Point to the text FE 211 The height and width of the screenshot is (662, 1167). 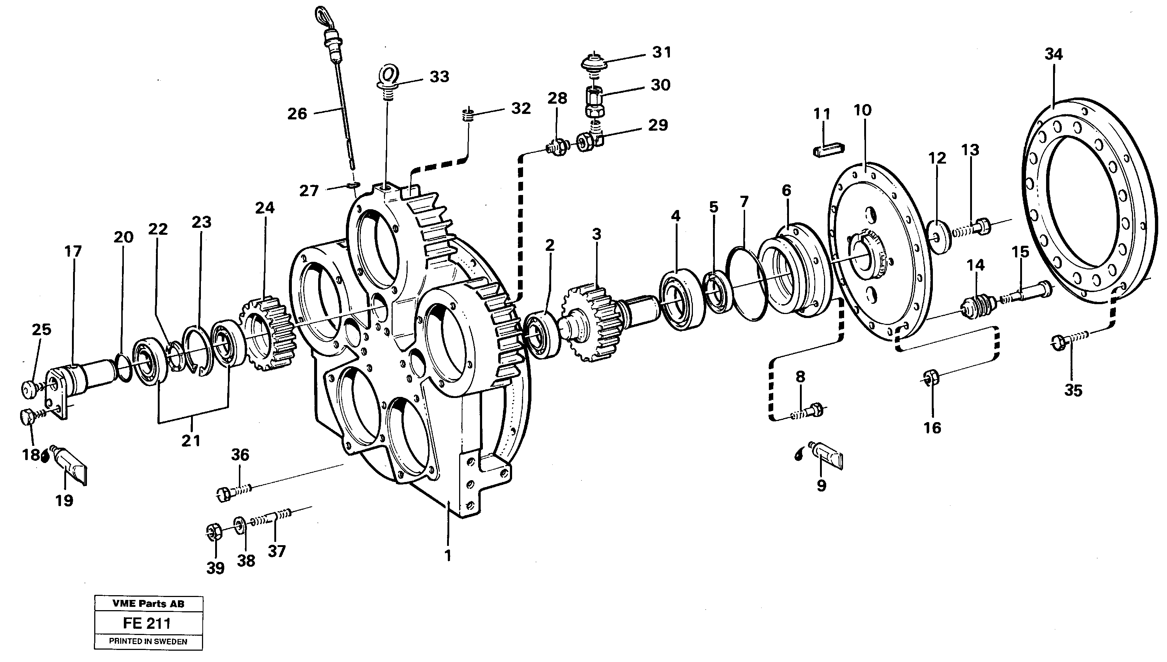(x=147, y=623)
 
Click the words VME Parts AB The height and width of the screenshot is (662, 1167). (x=148, y=604)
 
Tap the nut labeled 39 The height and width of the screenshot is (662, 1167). (x=214, y=532)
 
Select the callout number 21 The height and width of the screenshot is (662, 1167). (x=191, y=441)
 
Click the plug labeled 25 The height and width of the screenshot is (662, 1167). (x=30, y=388)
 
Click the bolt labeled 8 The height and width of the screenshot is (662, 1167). (x=809, y=412)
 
